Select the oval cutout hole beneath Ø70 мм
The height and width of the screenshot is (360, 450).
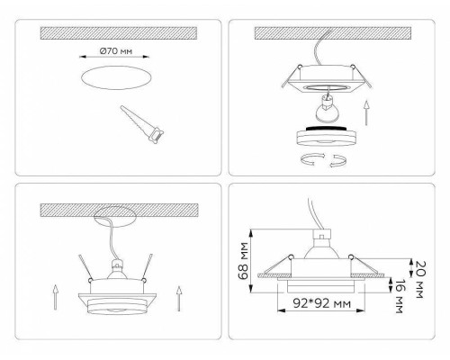click(x=112, y=80)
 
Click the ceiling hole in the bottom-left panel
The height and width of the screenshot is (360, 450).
click(x=114, y=218)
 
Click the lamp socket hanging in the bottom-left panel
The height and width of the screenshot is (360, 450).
click(x=115, y=267)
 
